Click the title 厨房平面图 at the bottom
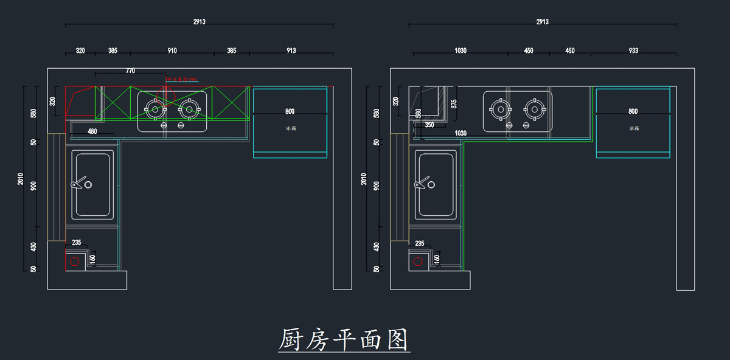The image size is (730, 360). pos(344,340)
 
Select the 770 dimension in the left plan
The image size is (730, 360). pos(130,71)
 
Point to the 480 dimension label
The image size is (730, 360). pos(92,131)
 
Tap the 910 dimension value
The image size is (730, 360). pos(172,51)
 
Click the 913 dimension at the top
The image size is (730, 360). pos(291,51)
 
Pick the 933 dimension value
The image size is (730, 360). pos(633,51)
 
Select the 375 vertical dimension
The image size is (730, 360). pos(454,104)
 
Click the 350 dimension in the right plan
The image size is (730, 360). pos(429,125)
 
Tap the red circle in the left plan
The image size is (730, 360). pos(74,261)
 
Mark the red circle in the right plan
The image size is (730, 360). pos(417,261)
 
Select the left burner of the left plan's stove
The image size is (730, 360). pos(155,109)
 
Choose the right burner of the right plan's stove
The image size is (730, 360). pos(534,109)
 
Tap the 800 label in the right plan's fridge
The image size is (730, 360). pos(633,112)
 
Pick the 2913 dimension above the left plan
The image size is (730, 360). pos(200,22)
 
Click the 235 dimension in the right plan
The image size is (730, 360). pos(420,243)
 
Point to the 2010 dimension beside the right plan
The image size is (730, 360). pos(364,179)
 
